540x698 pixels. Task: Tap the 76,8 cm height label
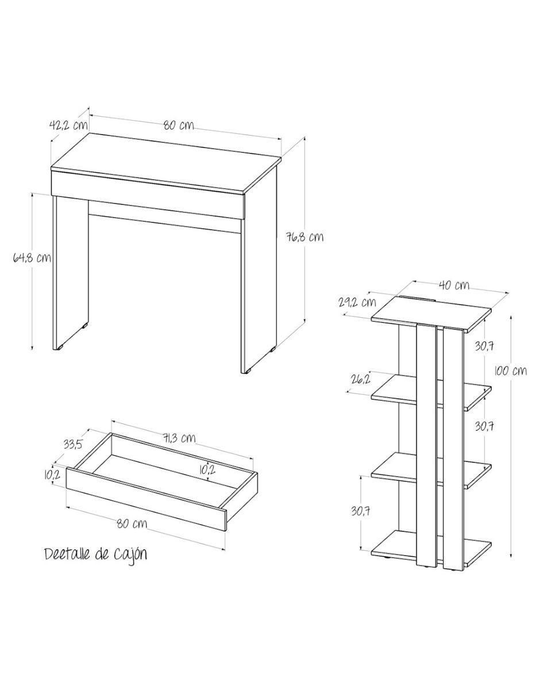click(x=304, y=237)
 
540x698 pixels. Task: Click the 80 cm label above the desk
click(x=179, y=125)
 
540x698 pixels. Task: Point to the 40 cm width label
click(x=454, y=285)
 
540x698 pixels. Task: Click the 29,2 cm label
click(x=357, y=303)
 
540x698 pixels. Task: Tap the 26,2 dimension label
click(x=361, y=379)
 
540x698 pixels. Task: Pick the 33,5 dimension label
click(x=73, y=444)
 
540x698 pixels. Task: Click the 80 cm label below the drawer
click(x=132, y=523)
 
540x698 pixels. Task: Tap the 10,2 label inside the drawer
click(x=207, y=470)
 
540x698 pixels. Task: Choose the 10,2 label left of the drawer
click(x=52, y=475)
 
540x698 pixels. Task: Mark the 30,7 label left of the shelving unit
click(x=361, y=511)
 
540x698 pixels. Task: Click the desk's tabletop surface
click(x=166, y=163)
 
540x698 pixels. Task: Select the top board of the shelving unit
click(x=431, y=314)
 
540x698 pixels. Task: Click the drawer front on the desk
click(x=148, y=194)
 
